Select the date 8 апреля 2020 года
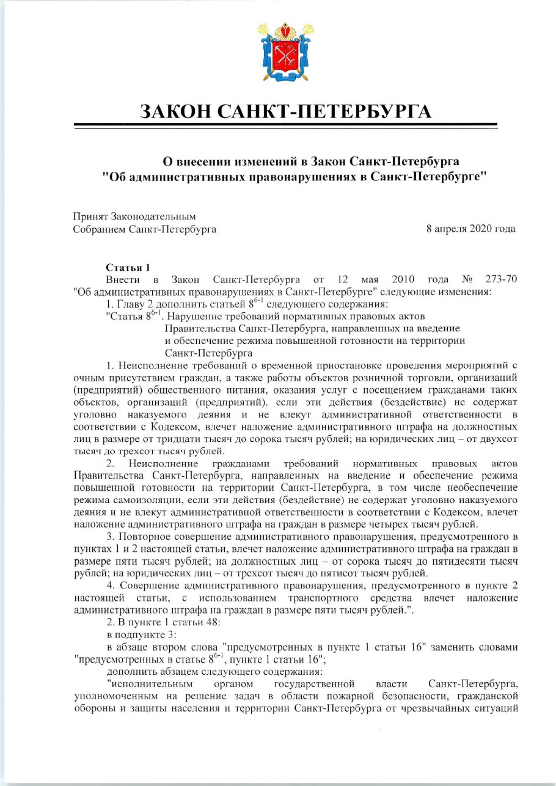tap(470, 229)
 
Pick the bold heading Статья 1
tap(128, 268)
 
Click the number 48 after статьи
tap(188, 622)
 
